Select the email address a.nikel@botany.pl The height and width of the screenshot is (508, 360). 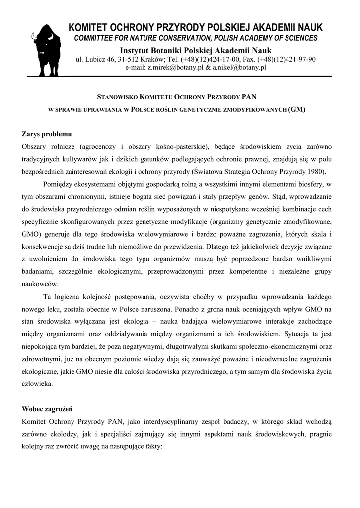240,68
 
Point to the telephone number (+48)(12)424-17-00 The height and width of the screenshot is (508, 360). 212,60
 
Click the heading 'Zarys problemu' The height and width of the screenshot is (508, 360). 47,134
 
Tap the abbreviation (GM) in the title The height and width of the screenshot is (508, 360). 296,109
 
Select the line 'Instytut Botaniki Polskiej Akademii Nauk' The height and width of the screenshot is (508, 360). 196,50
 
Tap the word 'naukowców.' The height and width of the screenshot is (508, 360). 41,284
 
